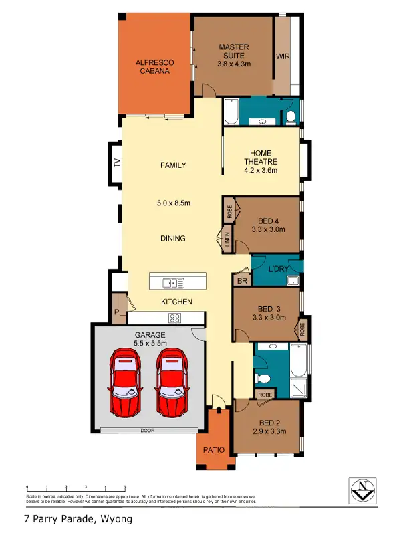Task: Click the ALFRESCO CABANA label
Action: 154,67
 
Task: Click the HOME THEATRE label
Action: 260,161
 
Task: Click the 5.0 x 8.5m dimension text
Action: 174,203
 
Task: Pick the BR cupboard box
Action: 241,282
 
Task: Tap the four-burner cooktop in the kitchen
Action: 175,318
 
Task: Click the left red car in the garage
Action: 126,382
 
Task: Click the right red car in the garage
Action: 171,382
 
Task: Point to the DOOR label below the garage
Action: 146,431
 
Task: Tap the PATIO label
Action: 214,449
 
